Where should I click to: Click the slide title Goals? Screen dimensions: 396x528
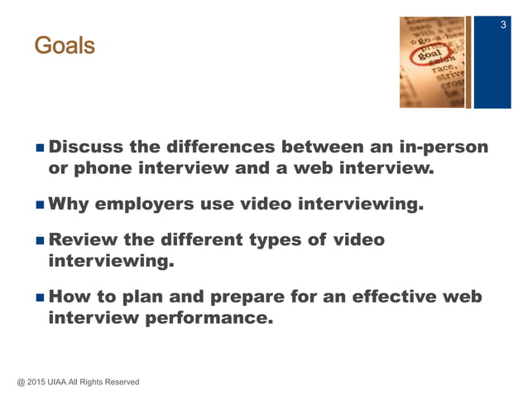tap(65, 46)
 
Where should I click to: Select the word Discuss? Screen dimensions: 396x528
tap(86, 148)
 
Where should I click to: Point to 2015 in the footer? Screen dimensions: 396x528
tap(39, 382)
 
